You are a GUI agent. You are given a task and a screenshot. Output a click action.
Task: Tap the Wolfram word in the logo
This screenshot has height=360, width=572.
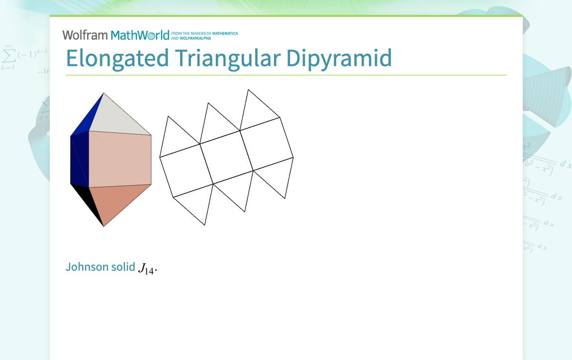(85, 35)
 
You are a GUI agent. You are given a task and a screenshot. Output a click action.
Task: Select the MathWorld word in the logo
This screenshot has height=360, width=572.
(140, 35)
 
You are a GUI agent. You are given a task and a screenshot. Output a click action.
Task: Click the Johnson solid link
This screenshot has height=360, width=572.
(100, 267)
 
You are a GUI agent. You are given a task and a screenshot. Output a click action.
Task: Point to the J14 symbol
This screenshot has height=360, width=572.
(147, 270)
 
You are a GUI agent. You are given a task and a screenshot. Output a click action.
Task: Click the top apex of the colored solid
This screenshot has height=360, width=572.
(103, 93)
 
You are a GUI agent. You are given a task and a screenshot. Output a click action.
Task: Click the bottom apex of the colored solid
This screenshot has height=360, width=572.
(103, 226)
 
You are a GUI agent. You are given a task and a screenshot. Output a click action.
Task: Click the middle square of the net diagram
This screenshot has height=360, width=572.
(226, 157)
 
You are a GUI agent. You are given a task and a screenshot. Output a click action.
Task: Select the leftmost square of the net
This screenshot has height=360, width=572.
(186, 170)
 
